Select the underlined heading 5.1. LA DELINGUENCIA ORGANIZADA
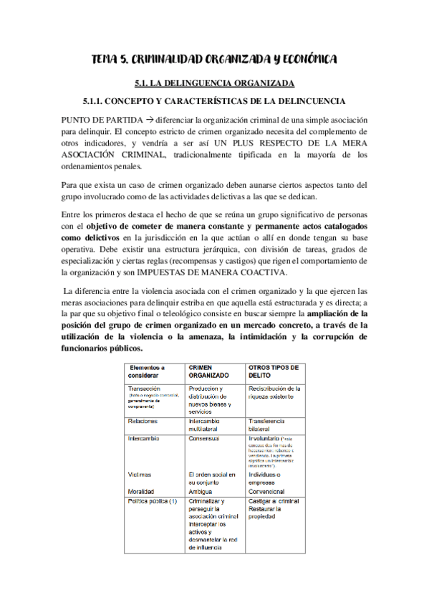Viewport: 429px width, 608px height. [x=214, y=83]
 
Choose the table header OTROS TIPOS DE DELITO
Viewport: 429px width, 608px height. [x=273, y=371]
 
